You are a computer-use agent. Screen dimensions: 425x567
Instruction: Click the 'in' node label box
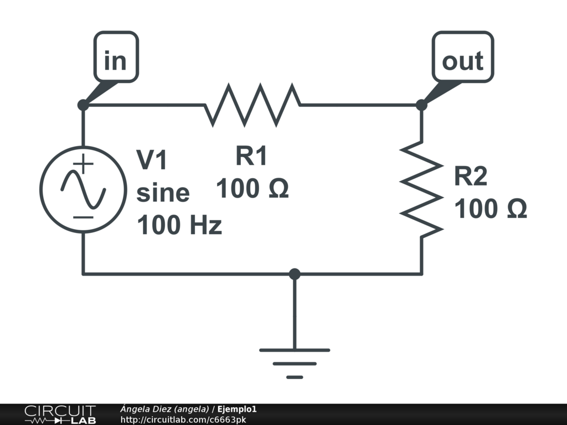[115, 58]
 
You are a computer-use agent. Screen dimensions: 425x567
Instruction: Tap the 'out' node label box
[462, 58]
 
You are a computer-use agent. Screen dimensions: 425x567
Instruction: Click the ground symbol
[295, 363]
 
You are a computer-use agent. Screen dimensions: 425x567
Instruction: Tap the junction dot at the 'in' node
[83, 105]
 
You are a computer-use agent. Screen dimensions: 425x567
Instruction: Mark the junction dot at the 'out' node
[421, 105]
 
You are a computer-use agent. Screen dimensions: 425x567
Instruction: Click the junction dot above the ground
[295, 273]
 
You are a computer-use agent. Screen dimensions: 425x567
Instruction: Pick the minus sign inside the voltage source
[83, 217]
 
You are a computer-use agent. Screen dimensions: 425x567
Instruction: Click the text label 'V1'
[152, 160]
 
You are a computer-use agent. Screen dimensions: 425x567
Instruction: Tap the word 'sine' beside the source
[163, 193]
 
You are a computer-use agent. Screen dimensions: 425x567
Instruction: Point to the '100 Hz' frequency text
[179, 225]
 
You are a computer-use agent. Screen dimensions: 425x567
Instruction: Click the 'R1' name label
[252, 157]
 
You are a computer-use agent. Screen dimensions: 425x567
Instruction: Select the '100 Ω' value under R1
[252, 189]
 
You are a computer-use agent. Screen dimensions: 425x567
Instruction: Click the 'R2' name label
[471, 177]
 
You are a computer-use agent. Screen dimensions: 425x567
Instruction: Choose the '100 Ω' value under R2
[491, 210]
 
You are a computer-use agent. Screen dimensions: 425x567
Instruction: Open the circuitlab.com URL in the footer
[183, 420]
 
